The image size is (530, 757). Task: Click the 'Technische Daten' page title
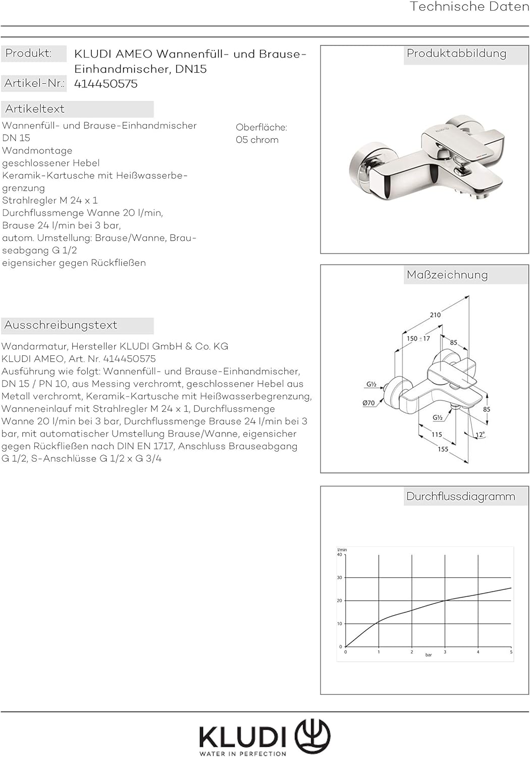pyautogui.click(x=469, y=7)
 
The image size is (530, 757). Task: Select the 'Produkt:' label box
pyautogui.click(x=29, y=53)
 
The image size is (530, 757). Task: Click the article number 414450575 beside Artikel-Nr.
pyautogui.click(x=106, y=84)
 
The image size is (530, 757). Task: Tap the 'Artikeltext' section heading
pyautogui.click(x=35, y=109)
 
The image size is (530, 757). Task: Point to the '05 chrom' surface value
pyautogui.click(x=257, y=140)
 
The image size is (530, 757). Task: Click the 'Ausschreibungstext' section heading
pyautogui.click(x=61, y=325)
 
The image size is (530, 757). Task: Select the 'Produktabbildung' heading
pyautogui.click(x=456, y=53)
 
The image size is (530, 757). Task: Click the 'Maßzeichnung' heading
pyautogui.click(x=447, y=275)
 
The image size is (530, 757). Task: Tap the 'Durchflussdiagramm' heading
pyautogui.click(x=460, y=497)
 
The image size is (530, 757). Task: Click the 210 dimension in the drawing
pyautogui.click(x=435, y=315)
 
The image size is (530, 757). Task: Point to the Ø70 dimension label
pyautogui.click(x=368, y=403)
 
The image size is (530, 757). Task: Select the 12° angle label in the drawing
pyautogui.click(x=480, y=435)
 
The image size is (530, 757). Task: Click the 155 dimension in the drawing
pyautogui.click(x=443, y=449)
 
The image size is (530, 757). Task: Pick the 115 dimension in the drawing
pyautogui.click(x=437, y=434)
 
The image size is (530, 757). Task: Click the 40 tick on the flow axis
pyautogui.click(x=340, y=555)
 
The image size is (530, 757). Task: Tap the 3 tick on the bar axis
pyautogui.click(x=445, y=652)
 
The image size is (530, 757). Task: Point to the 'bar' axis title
pyautogui.click(x=429, y=655)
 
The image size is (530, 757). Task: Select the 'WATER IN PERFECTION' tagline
pyautogui.click(x=243, y=753)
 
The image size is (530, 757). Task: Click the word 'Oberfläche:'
pyautogui.click(x=261, y=128)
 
